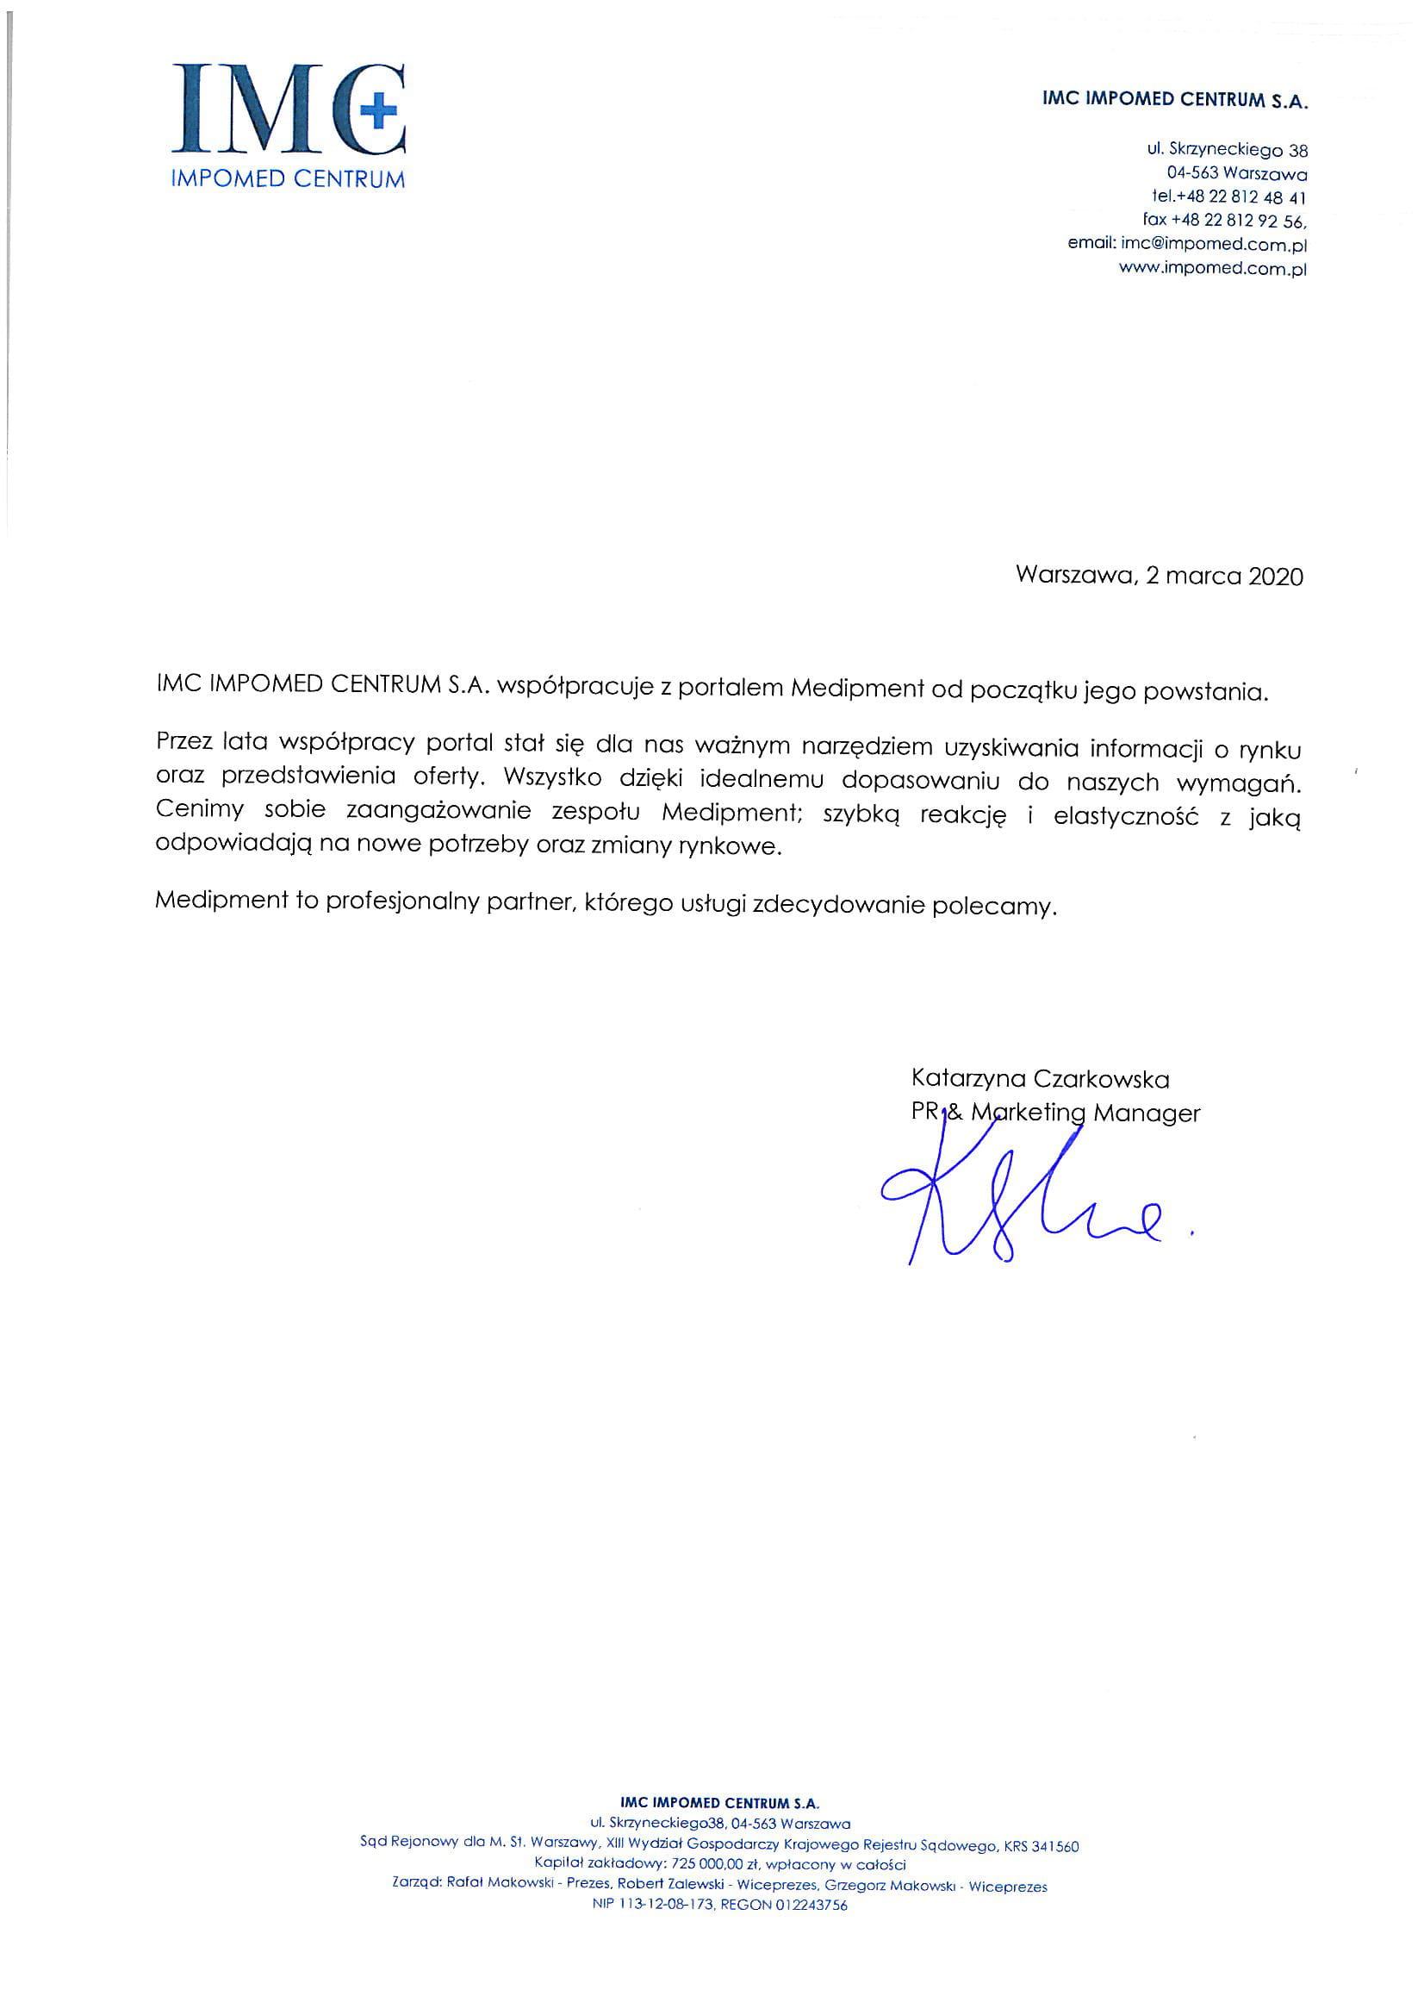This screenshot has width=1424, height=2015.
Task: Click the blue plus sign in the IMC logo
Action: [378, 112]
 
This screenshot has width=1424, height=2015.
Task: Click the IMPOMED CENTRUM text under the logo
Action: [288, 180]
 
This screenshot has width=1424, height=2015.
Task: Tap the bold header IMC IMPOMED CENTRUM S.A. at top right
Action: [1175, 99]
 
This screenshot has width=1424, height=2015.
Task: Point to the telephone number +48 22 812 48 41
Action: [1241, 197]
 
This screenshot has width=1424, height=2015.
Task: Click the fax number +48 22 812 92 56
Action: [1238, 221]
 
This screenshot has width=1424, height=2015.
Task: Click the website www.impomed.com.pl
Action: [1213, 269]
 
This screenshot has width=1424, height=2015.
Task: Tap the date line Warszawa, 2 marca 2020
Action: [1159, 577]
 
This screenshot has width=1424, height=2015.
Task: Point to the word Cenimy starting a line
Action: [199, 810]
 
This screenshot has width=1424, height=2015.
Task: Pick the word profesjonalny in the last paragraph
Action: [397, 901]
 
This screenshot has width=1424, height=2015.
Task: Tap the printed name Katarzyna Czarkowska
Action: [1040, 1078]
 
